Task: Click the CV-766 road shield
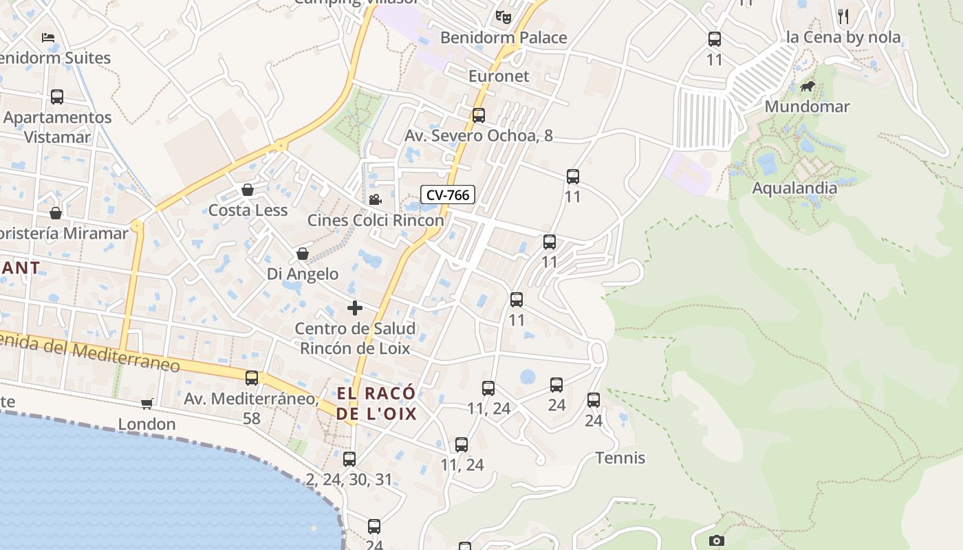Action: (448, 195)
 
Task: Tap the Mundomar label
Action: (807, 107)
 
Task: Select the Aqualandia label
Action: (794, 188)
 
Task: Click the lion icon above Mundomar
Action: (808, 87)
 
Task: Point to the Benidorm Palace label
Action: (504, 38)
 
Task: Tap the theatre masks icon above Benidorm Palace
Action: (504, 16)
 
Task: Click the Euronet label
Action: (499, 76)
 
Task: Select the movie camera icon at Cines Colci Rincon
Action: (375, 200)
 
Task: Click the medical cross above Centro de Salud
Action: (355, 308)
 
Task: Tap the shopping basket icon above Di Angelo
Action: (302, 254)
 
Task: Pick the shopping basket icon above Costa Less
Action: (248, 190)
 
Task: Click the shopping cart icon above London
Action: (147, 404)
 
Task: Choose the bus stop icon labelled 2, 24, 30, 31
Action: (349, 459)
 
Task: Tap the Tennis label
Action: (620, 458)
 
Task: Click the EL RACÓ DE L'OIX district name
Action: (376, 404)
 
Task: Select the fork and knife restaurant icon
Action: (843, 16)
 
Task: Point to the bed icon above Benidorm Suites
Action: (47, 38)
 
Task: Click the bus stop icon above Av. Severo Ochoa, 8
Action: (479, 115)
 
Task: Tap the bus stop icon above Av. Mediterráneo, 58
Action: (252, 377)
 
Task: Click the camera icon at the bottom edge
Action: (716, 541)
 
